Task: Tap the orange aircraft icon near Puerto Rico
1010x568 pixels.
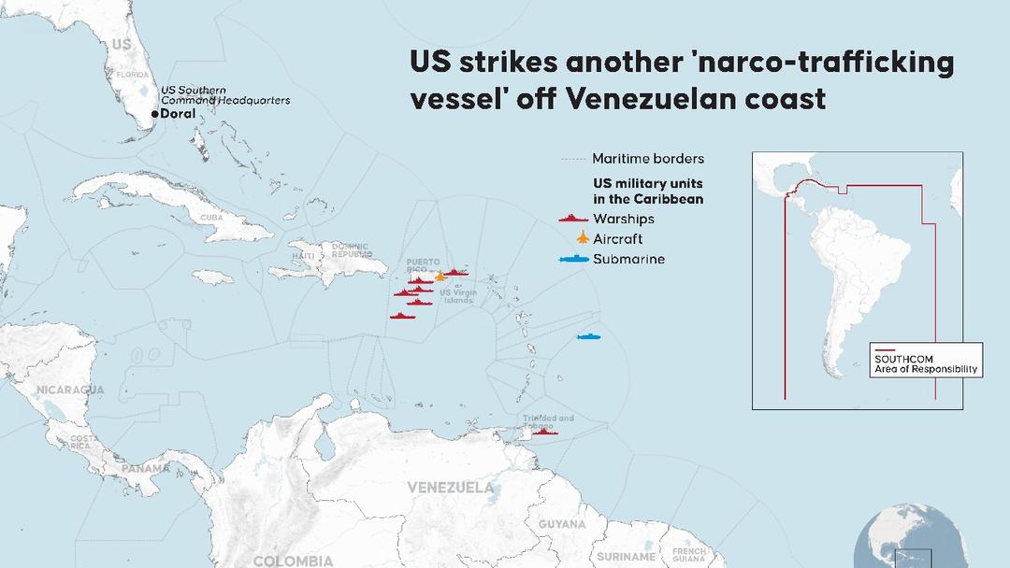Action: [x=440, y=277]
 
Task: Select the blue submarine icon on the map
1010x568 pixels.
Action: [x=588, y=336]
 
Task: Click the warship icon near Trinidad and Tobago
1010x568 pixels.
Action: [x=543, y=432]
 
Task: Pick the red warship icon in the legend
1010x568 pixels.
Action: [x=572, y=219]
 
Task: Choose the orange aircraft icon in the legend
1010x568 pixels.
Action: [x=581, y=238]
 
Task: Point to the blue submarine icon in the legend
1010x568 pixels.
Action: [x=574, y=259]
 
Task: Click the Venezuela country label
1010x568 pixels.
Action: [x=451, y=488]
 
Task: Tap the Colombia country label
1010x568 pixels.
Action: [x=293, y=561]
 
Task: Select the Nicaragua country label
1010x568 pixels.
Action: [x=70, y=389]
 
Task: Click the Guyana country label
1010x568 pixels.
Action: [x=562, y=524]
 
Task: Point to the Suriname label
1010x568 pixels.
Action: [x=627, y=557]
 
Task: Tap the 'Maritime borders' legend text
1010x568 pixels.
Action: [x=648, y=159]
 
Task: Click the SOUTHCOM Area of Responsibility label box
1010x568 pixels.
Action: [x=926, y=364]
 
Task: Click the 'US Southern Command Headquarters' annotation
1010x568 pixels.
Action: [x=225, y=94]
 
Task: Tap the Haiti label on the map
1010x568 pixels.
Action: [x=303, y=256]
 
